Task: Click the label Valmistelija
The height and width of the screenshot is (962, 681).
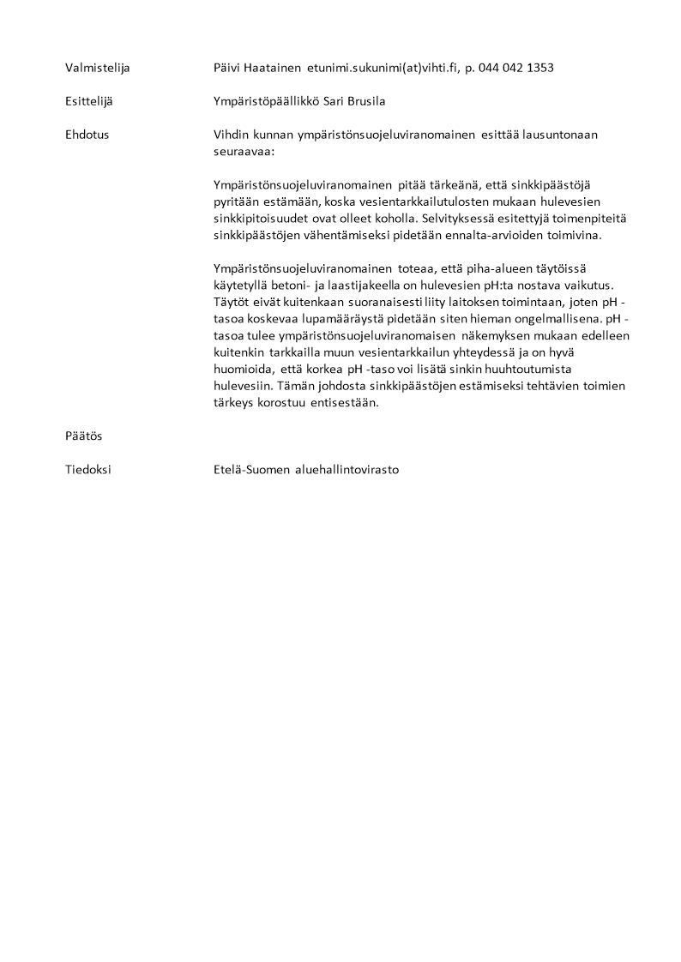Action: (98, 67)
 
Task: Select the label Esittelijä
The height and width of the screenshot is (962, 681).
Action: (88, 101)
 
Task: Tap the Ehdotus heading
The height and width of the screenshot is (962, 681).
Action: (87, 135)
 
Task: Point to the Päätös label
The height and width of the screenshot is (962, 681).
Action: (83, 436)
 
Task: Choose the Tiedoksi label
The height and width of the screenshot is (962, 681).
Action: (87, 470)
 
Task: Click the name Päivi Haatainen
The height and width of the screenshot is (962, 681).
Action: (257, 67)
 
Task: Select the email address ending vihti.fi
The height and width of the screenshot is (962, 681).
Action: (382, 67)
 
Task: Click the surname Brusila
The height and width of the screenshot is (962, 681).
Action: (366, 101)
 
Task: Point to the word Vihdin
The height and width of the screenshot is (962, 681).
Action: (232, 135)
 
